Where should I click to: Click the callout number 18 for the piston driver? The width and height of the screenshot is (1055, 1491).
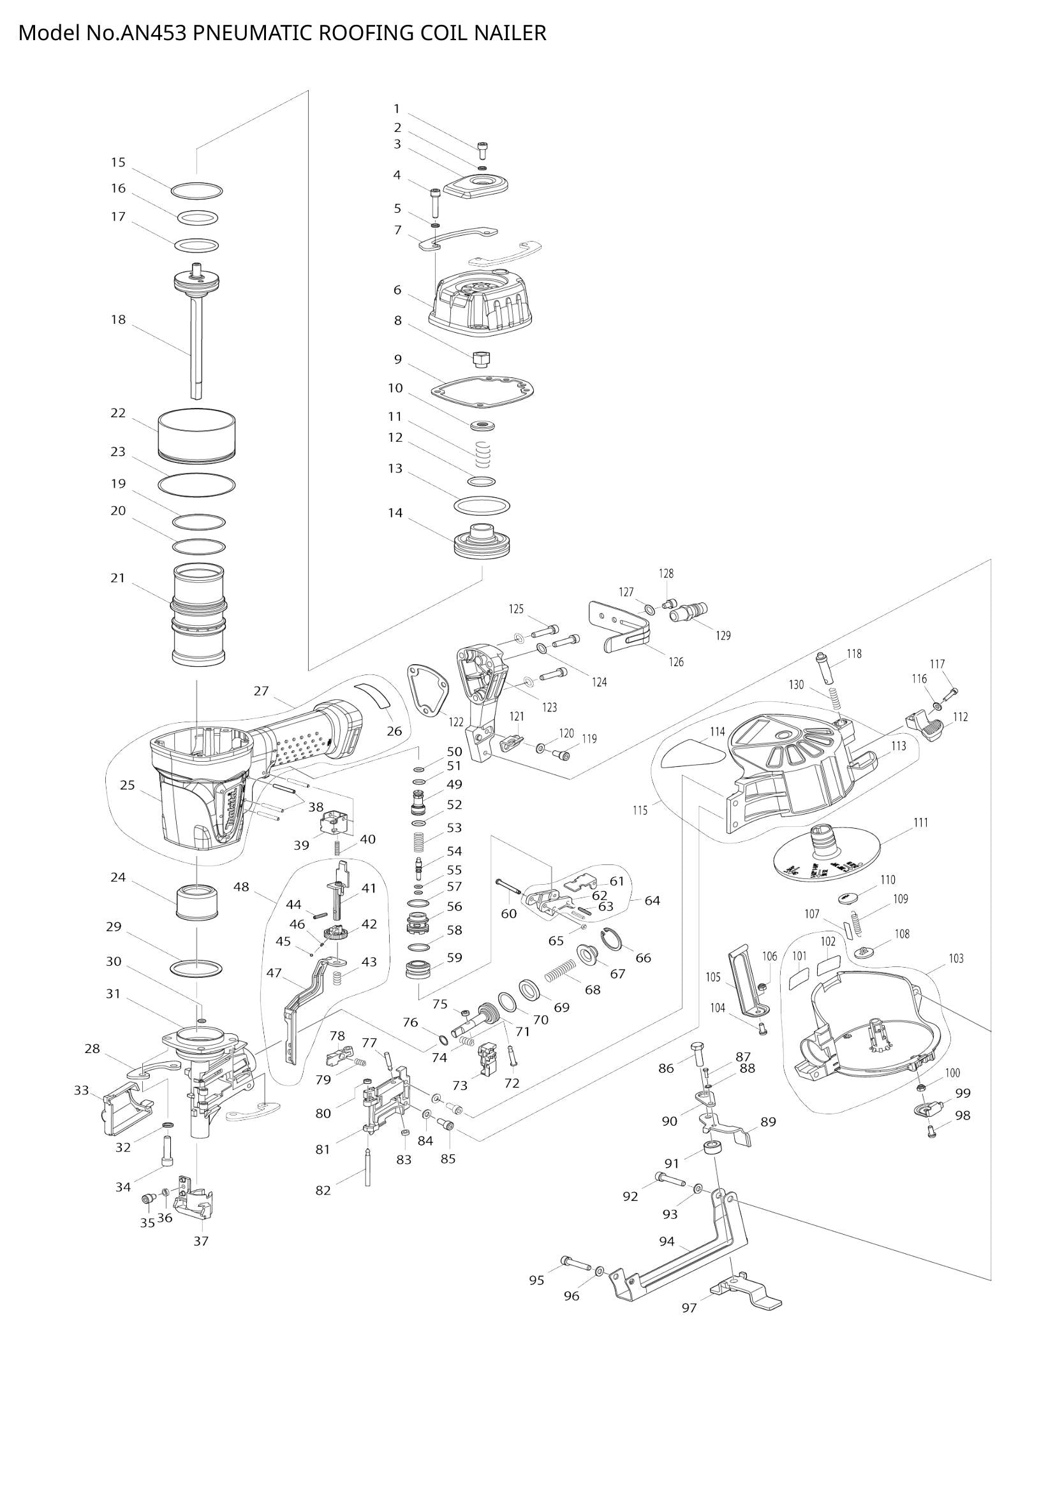click(117, 319)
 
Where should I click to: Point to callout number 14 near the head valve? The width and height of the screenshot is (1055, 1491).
click(395, 513)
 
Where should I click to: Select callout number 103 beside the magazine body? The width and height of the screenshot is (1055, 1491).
click(955, 958)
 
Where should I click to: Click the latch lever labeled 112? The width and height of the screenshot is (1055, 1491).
click(926, 725)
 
